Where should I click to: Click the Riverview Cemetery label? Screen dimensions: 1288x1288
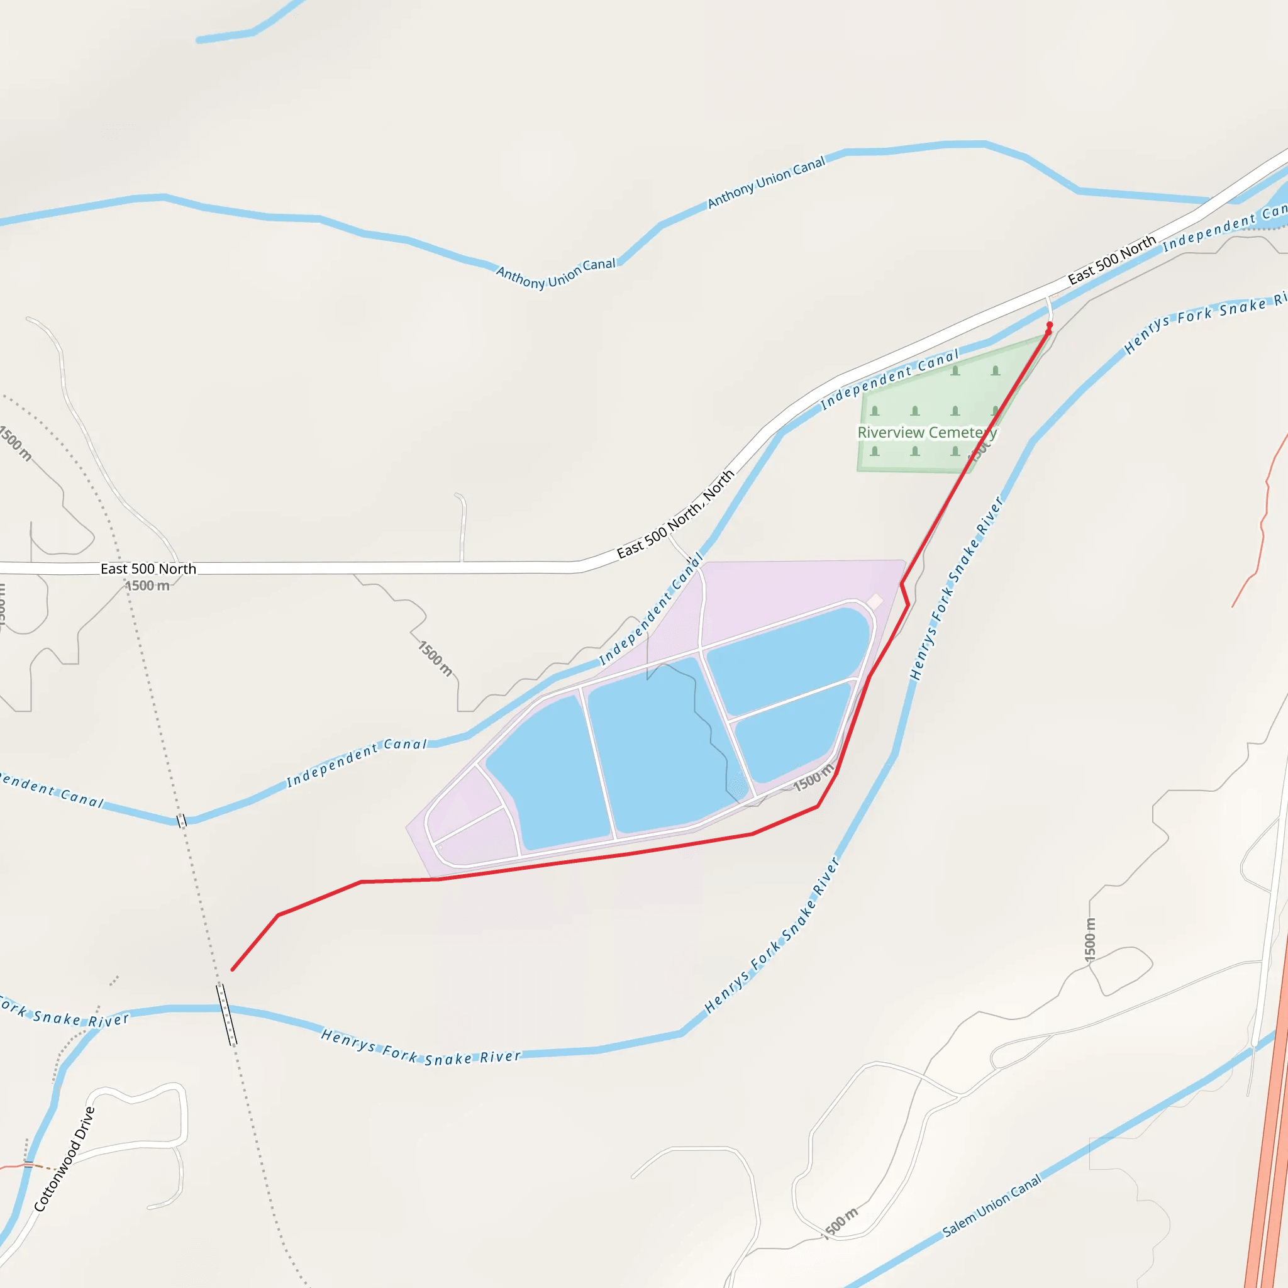[926, 433]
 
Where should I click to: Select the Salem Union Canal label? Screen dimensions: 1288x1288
[991, 1206]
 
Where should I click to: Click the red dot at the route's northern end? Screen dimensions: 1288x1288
[1050, 325]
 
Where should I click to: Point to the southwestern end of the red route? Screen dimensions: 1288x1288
[232, 970]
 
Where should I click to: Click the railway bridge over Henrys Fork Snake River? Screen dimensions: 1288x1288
[227, 1014]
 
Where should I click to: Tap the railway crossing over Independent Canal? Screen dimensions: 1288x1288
[181, 821]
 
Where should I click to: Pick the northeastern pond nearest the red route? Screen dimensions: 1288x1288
[787, 660]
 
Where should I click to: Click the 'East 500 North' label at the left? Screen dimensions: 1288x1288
[148, 569]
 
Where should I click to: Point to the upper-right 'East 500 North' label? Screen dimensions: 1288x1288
[1111, 260]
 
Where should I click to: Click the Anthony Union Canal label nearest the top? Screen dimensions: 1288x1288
[766, 182]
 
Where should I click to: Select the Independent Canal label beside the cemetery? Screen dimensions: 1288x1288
[889, 379]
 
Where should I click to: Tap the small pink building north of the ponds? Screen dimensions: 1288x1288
[875, 602]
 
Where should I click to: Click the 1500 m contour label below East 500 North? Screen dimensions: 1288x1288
[147, 586]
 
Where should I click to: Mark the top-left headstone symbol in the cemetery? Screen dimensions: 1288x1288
[955, 370]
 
